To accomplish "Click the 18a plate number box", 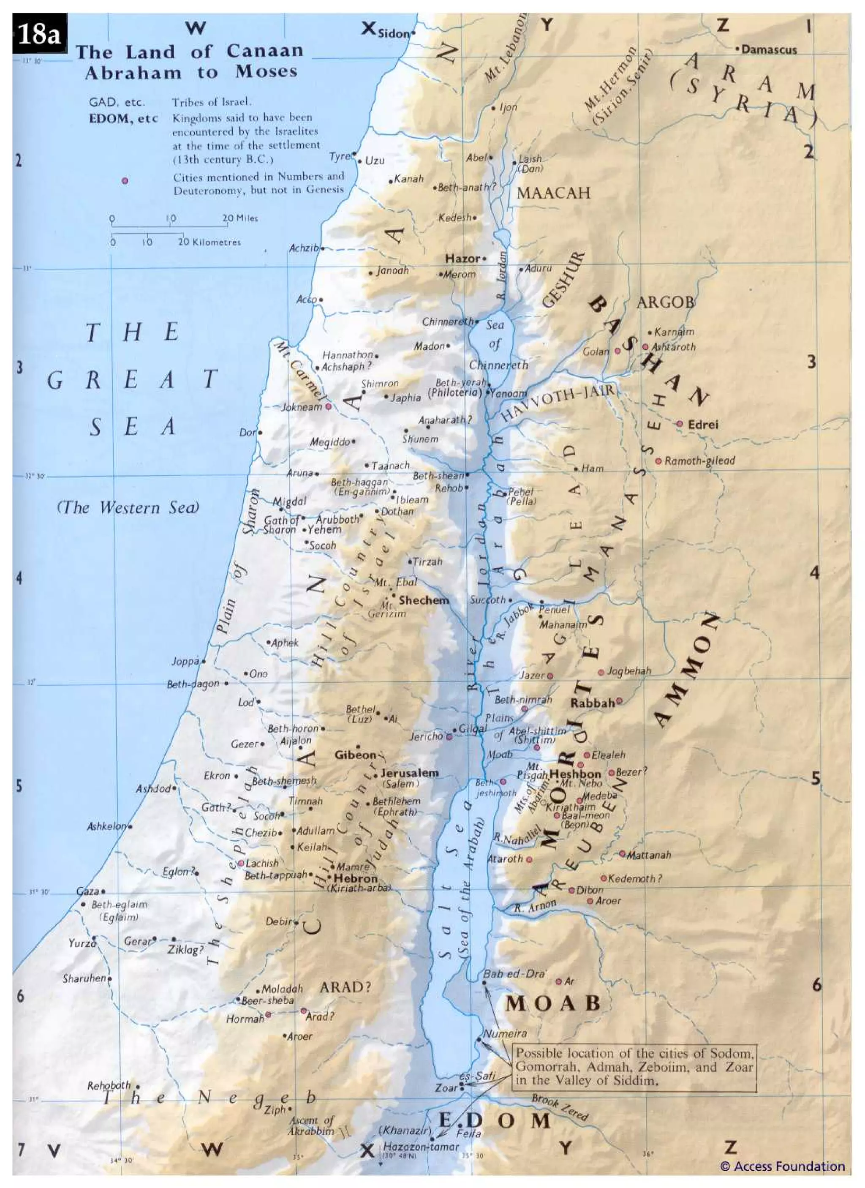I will point(39,35).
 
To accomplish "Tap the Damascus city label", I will point(769,50).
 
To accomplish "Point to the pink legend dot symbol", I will point(125,181).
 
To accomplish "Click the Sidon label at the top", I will point(393,33).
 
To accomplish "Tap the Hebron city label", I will point(356,878).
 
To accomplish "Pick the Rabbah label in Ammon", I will point(592,703).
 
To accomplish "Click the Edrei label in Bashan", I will point(703,424).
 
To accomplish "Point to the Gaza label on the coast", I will point(87,891).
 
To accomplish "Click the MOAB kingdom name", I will point(552,1003).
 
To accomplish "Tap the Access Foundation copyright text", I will point(782,1166).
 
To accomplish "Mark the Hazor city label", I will point(462,258).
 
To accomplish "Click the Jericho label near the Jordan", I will point(426,736).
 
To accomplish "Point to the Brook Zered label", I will point(560,1107).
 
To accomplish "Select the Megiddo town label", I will point(329,442).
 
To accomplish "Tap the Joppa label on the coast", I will point(185,662).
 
